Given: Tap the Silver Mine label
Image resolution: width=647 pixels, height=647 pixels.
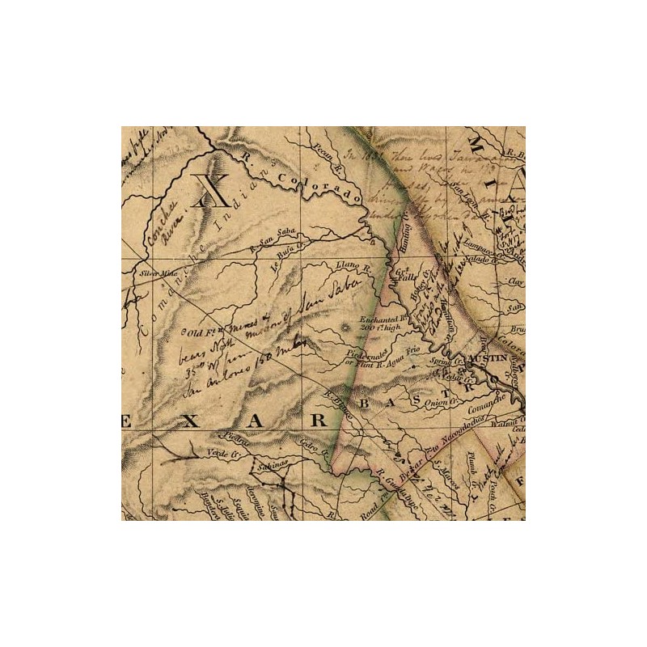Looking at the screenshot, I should pyautogui.click(x=158, y=273).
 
